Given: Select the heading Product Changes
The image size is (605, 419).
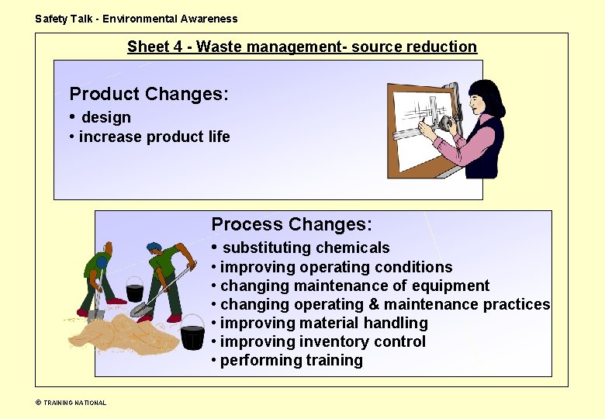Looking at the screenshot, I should [x=149, y=95].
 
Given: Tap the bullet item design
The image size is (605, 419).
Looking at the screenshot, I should [x=106, y=118].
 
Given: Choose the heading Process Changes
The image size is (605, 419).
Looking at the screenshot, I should [x=292, y=225].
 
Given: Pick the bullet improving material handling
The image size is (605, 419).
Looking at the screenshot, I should [x=323, y=323].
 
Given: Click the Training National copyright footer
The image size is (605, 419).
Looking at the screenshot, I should [x=71, y=403].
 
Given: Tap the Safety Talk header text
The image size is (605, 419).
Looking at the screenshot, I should [x=137, y=19].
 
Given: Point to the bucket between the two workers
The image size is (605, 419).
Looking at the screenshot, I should [x=134, y=289].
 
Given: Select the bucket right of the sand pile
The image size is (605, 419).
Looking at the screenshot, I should [x=192, y=338].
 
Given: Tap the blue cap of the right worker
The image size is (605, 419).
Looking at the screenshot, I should [x=154, y=248].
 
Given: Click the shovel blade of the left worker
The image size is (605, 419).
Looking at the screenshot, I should [x=96, y=315].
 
